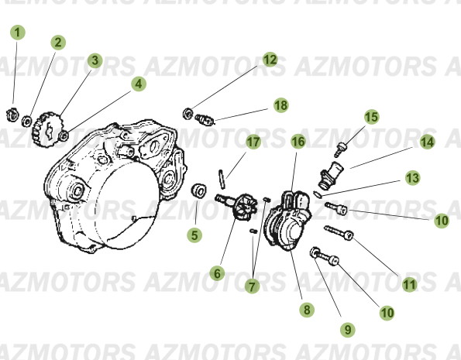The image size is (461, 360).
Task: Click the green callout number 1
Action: click(x=18, y=33)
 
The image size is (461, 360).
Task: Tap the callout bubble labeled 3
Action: click(x=94, y=60)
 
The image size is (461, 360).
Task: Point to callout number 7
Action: click(x=250, y=286)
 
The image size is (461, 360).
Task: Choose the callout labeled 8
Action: click(x=308, y=310)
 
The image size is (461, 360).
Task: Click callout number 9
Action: click(x=348, y=329)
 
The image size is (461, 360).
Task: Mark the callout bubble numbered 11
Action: click(x=409, y=283)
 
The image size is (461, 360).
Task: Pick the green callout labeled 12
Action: click(x=269, y=59)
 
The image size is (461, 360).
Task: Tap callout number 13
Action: click(x=412, y=178)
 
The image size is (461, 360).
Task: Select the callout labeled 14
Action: click(x=427, y=142)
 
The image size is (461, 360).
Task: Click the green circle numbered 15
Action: click(x=371, y=117)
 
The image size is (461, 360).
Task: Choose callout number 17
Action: click(x=253, y=142)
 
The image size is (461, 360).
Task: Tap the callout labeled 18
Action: click(x=280, y=104)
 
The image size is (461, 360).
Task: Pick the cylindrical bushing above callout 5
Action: click(x=198, y=190)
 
